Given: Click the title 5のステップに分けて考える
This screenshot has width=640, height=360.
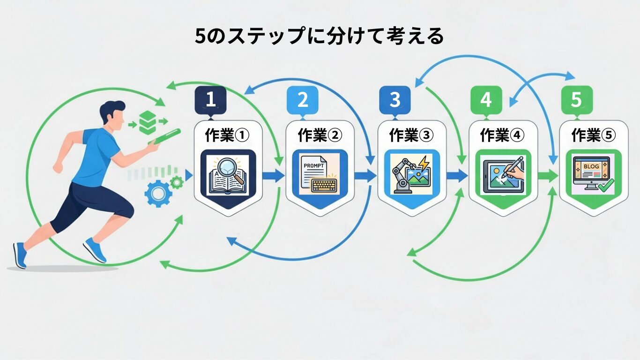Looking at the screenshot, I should (x=319, y=37).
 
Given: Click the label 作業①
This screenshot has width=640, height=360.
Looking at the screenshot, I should (x=227, y=135).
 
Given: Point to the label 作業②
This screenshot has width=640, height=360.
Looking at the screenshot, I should (x=320, y=135).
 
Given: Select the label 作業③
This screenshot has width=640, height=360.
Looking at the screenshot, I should (x=411, y=135).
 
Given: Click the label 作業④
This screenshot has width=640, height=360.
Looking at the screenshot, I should (x=503, y=135).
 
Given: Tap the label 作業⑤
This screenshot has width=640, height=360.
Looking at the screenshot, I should (x=594, y=135).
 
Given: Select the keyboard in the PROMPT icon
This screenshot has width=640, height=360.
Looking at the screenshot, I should (x=324, y=185).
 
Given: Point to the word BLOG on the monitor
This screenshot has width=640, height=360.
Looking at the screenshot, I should (x=591, y=166).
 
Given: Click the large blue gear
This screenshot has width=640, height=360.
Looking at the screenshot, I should (x=158, y=193).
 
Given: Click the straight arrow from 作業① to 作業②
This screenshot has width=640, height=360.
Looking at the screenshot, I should (x=273, y=176).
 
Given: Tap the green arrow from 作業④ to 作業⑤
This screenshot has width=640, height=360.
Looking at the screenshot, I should (x=547, y=176).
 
